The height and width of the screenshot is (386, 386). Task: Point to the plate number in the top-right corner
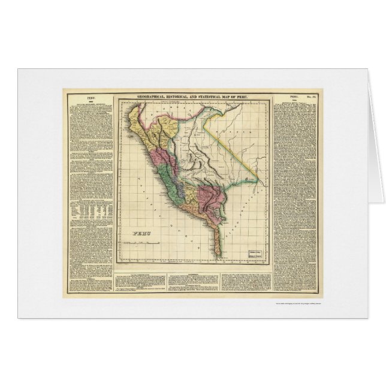315,96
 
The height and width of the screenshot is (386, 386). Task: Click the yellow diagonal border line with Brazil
234,144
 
